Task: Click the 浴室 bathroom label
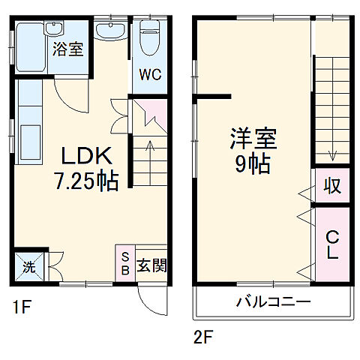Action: click(67, 50)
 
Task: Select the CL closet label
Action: click(331, 244)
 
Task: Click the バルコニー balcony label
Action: click(273, 304)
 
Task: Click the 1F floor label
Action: click(19, 307)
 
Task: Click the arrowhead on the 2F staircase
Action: click(331, 157)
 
